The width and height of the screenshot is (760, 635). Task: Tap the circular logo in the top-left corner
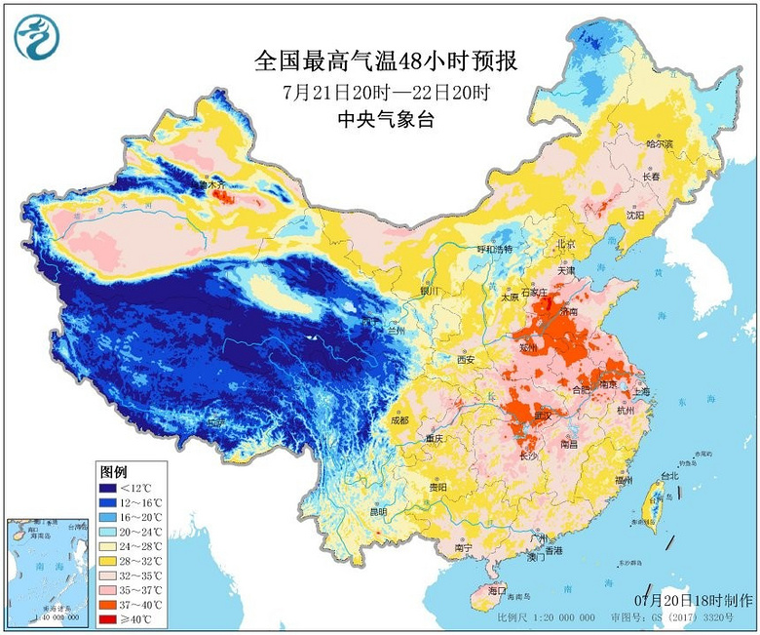(x=37, y=37)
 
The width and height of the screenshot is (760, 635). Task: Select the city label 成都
(x=399, y=420)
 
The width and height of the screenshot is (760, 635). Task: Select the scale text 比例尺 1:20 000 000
(x=546, y=618)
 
